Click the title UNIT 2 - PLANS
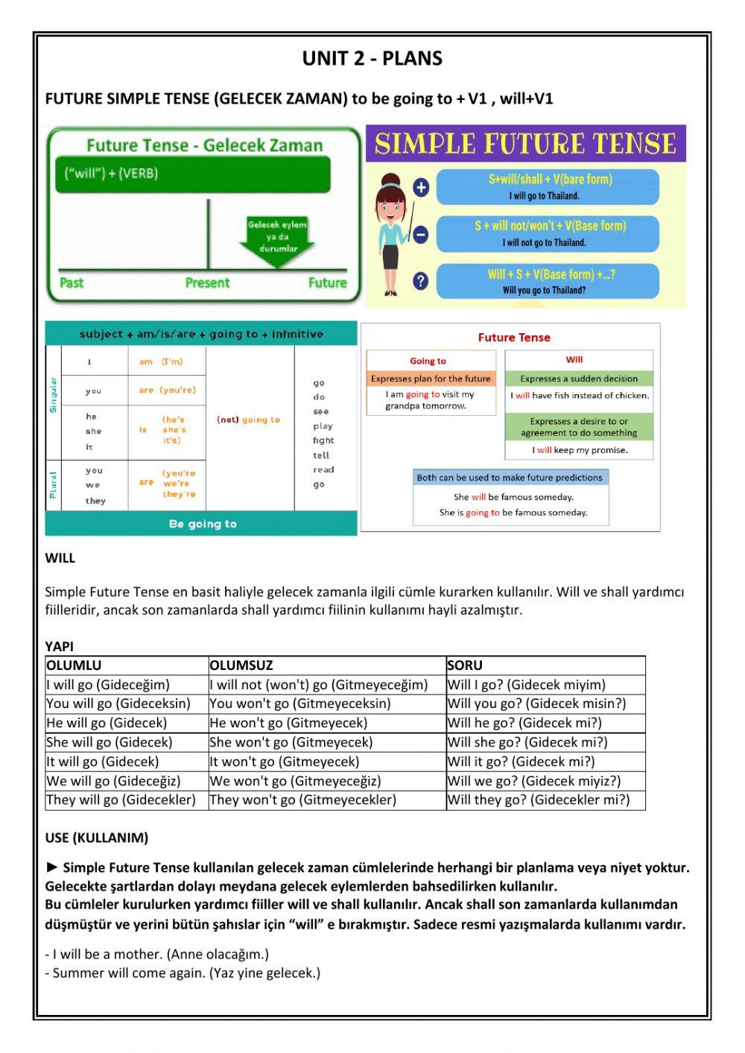372,58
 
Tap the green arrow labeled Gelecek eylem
277,241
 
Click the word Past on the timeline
72,282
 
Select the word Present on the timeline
207,282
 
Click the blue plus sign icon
421,187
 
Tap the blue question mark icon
421,281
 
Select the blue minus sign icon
421,235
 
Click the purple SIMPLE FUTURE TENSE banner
525,143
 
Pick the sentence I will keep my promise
580,450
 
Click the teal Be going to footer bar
201,524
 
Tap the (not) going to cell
249,420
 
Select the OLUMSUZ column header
241,665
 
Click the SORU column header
465,665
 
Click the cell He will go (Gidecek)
107,723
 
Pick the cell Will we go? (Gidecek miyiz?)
533,781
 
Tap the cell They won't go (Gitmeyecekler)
302,800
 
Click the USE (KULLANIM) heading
97,838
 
